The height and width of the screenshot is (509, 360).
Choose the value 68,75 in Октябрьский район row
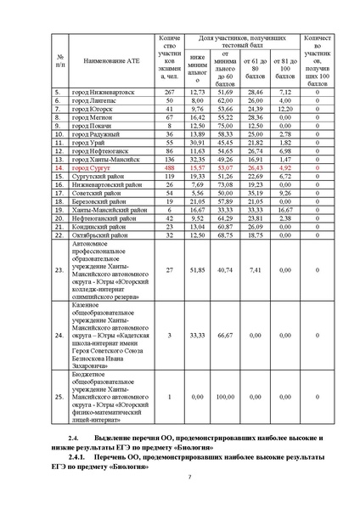tap(226, 235)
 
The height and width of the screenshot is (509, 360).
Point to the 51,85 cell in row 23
tap(198, 269)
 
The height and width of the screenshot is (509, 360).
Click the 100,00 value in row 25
tap(226, 396)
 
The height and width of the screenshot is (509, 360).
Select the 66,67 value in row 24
tap(226, 335)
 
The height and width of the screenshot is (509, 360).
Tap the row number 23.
tap(59, 269)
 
